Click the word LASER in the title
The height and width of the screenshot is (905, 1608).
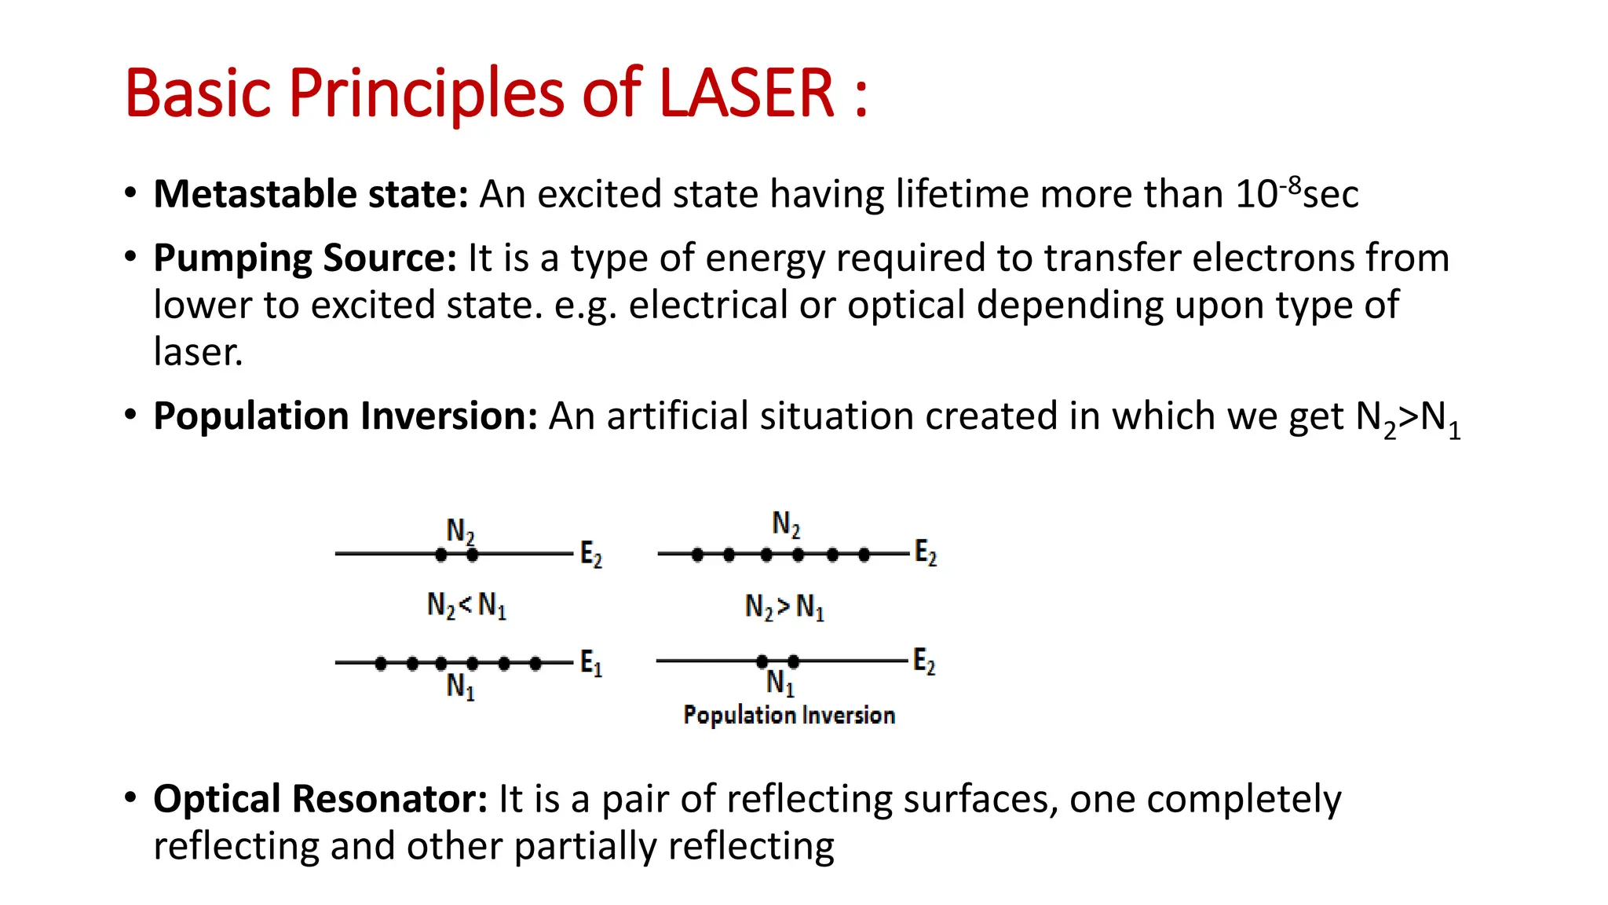[x=746, y=93]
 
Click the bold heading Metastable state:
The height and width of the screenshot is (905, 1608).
[x=310, y=194]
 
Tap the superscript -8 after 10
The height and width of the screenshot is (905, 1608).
[x=1290, y=186]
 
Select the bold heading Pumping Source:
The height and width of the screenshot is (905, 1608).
[x=305, y=258]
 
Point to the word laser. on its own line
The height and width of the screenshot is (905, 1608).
[x=198, y=352]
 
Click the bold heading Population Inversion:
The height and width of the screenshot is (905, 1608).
[x=345, y=416]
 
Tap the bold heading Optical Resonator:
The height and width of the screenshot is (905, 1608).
[x=320, y=799]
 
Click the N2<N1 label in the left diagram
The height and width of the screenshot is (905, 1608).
[x=466, y=606]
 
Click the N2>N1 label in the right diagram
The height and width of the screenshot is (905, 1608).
[x=784, y=607]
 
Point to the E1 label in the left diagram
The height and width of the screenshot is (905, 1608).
[x=591, y=664]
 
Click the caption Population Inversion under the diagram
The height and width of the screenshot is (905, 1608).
[x=789, y=715]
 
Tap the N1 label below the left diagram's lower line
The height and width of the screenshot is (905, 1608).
[x=461, y=687]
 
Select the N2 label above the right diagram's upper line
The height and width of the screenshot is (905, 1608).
[x=786, y=524]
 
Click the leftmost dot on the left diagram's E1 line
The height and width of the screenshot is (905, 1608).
[x=381, y=664]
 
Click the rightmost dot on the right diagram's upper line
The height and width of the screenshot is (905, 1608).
[x=864, y=555]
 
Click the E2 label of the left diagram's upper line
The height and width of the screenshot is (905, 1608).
[x=591, y=555]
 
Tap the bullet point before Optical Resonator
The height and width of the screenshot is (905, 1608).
[x=130, y=797]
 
